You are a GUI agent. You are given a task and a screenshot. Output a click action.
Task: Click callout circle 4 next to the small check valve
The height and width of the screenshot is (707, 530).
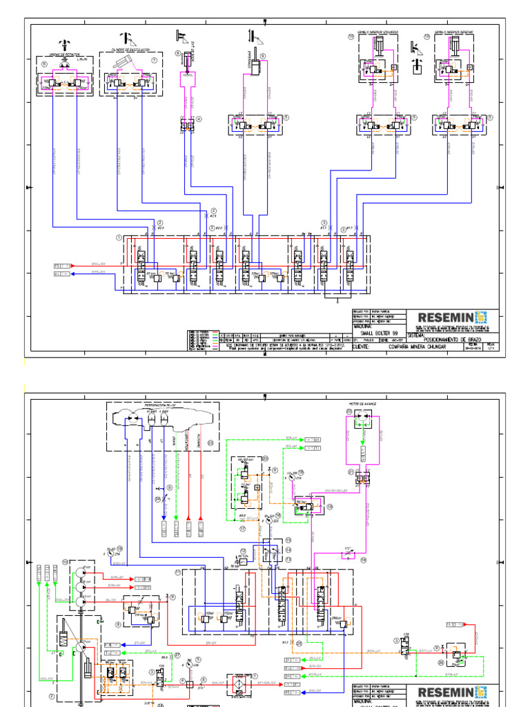199,119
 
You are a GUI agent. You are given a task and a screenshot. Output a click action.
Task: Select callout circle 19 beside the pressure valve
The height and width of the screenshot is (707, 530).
330,506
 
